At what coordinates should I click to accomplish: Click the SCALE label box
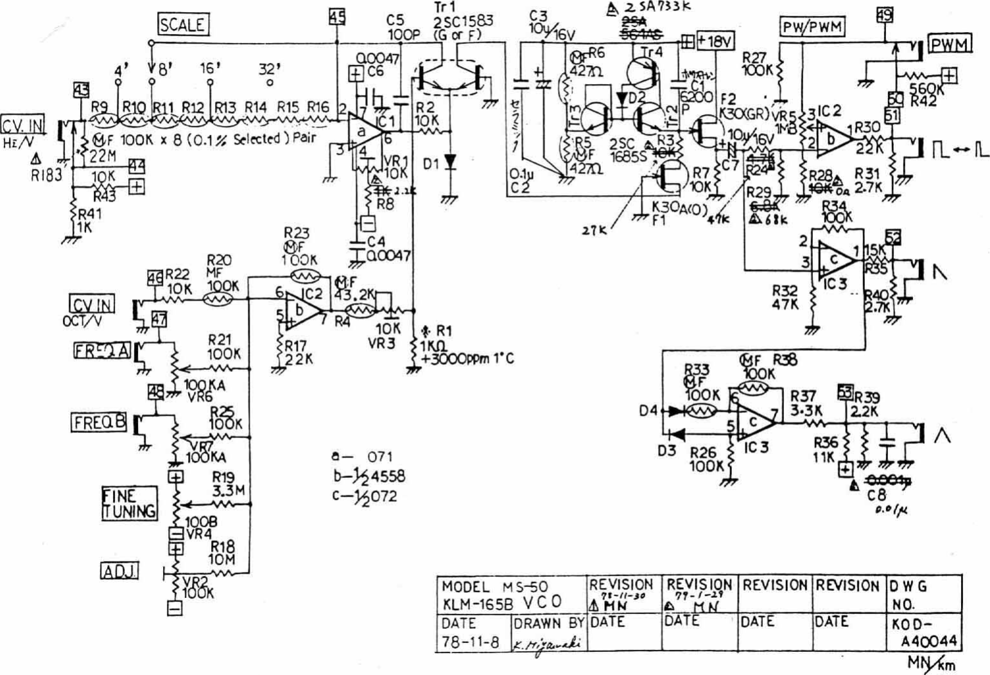click(183, 25)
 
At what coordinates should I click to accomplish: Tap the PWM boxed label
click(950, 44)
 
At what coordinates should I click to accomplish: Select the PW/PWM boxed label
click(812, 27)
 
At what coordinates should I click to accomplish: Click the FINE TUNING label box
click(129, 503)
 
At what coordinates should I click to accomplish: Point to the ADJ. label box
click(120, 570)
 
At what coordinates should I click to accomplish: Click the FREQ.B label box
click(98, 422)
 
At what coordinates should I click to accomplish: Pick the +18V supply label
click(715, 41)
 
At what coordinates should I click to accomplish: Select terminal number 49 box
click(884, 14)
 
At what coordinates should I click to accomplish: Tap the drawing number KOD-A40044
click(923, 633)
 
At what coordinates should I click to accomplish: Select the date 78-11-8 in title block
click(470, 642)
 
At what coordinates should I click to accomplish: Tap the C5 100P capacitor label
click(403, 28)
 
